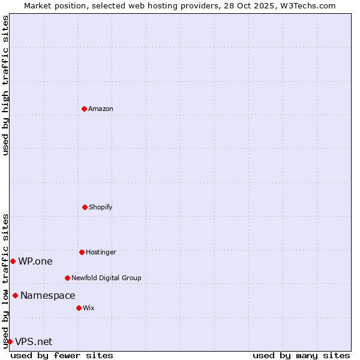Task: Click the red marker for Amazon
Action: (x=84, y=109)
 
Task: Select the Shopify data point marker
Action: (x=85, y=207)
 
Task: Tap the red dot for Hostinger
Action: (x=82, y=252)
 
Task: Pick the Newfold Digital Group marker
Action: (x=67, y=278)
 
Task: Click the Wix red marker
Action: (x=79, y=308)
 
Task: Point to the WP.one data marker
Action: (x=13, y=261)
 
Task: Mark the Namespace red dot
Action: (x=15, y=295)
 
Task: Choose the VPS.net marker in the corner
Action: (x=10, y=341)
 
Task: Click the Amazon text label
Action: (x=101, y=109)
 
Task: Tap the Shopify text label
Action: (x=101, y=207)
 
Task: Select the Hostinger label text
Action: (x=101, y=252)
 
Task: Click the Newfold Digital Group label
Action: (x=107, y=278)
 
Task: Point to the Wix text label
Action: (x=89, y=308)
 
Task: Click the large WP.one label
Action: (x=35, y=261)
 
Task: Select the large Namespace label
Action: (x=48, y=295)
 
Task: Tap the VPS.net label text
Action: (x=34, y=341)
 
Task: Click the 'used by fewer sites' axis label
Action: (x=62, y=355)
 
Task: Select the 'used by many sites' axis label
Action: (x=301, y=355)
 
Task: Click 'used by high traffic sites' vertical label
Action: (x=5, y=85)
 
